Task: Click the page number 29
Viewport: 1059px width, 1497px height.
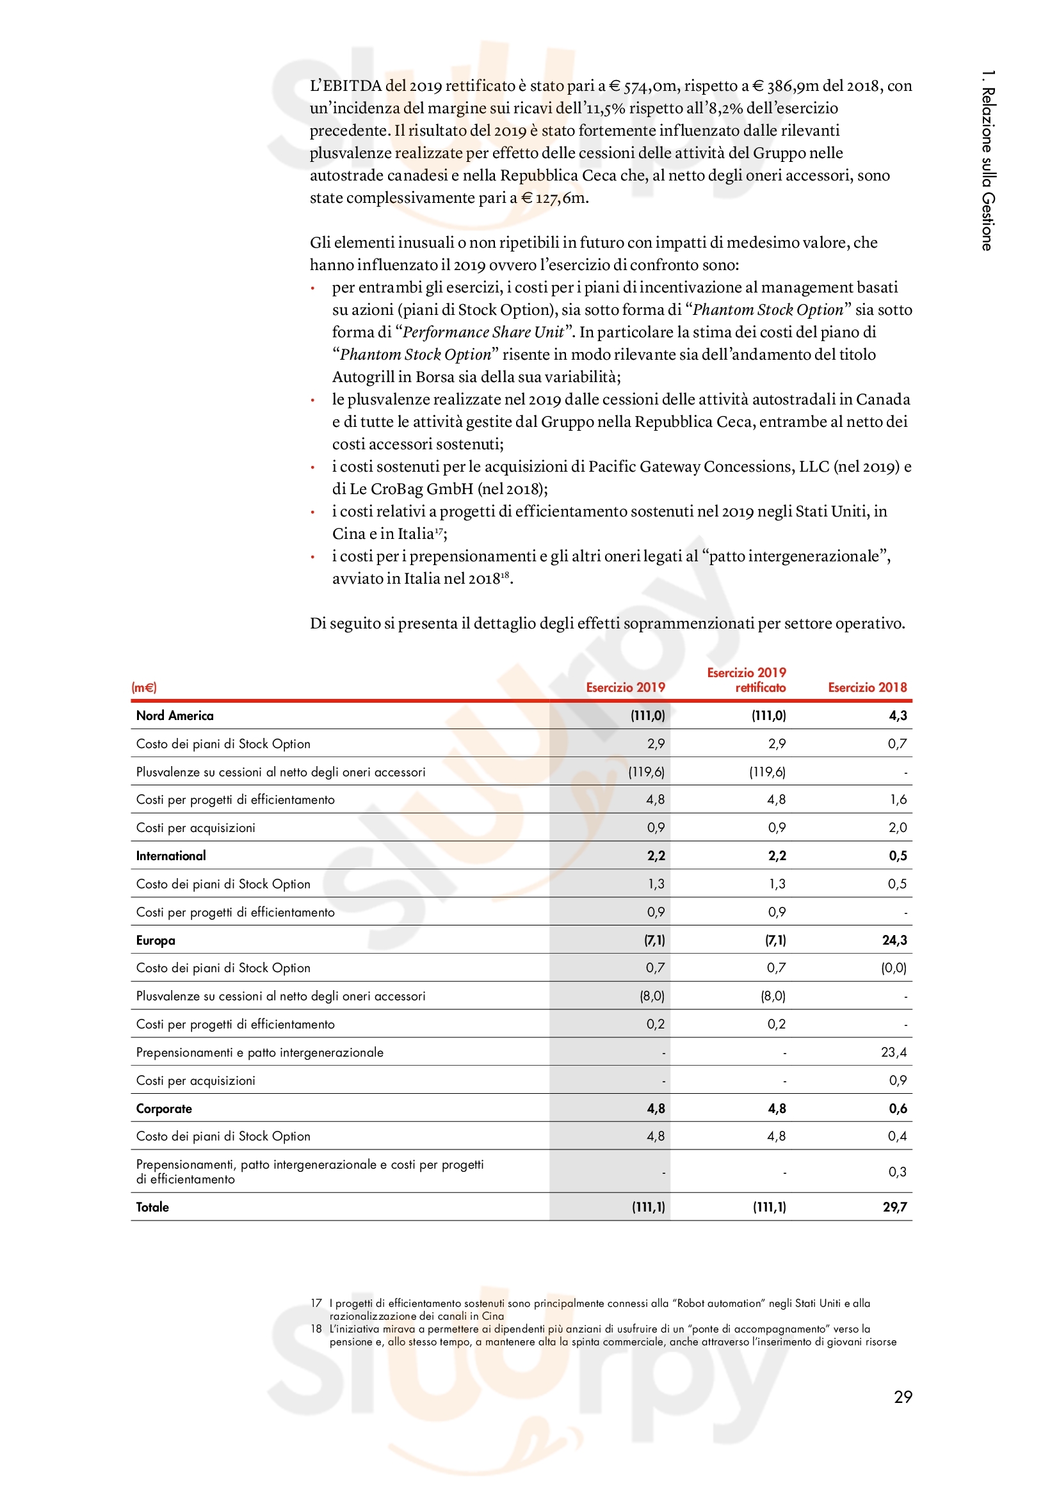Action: coord(903,1397)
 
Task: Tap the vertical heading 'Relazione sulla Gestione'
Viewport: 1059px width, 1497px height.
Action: coord(988,161)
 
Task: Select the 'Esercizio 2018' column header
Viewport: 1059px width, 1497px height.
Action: coord(868,687)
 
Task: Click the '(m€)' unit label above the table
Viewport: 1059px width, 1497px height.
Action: coord(144,687)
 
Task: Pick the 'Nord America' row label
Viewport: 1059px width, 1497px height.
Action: coord(175,716)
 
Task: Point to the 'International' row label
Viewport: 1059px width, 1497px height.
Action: coord(171,856)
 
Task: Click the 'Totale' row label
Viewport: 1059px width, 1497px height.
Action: coord(152,1207)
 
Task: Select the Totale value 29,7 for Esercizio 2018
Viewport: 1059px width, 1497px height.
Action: coord(894,1207)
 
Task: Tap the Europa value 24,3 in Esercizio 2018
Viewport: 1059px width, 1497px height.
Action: coord(894,940)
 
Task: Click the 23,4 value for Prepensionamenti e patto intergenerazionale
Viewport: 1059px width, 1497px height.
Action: coord(894,1052)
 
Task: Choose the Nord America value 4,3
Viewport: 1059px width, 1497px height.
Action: coord(898,716)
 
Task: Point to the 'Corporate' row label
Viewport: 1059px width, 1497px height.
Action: coord(165,1109)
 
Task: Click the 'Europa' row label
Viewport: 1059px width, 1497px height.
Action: coord(156,940)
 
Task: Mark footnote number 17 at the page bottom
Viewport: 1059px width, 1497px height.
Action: coord(316,1303)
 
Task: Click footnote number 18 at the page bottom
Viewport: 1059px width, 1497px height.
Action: coord(316,1329)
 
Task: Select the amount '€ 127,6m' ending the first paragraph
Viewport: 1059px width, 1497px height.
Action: coord(554,198)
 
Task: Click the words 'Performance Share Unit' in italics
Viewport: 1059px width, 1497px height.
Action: coord(483,333)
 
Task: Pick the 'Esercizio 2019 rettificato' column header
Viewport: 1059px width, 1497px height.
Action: coord(747,680)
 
